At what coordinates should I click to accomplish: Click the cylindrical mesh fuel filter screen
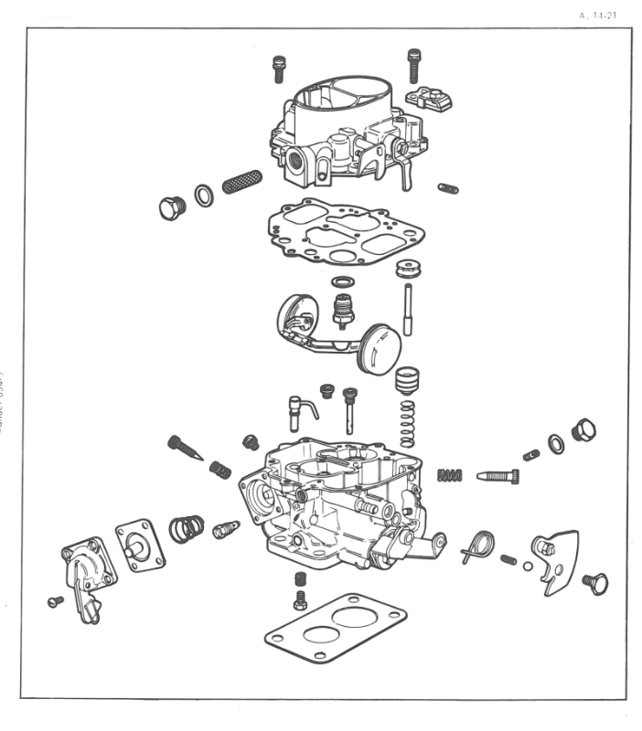(x=242, y=181)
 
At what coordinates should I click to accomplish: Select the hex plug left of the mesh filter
(x=171, y=208)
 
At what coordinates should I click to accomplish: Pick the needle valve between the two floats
(x=343, y=312)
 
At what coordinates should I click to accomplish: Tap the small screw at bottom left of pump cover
(x=54, y=601)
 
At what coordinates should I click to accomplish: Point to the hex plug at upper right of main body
(x=583, y=429)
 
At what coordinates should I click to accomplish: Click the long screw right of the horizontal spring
(x=498, y=476)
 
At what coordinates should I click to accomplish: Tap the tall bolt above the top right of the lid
(x=413, y=65)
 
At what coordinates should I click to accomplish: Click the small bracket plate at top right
(x=431, y=97)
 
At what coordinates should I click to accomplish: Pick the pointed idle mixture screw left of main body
(x=186, y=449)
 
